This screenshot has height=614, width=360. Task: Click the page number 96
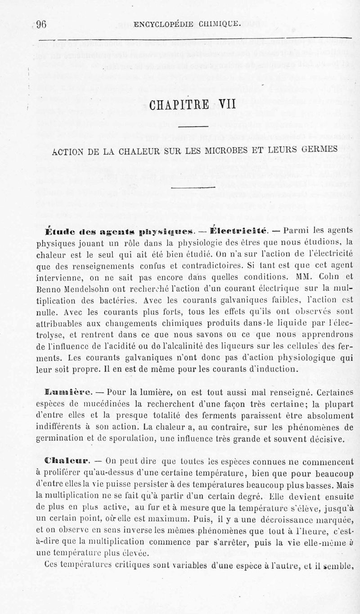pos(41,24)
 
